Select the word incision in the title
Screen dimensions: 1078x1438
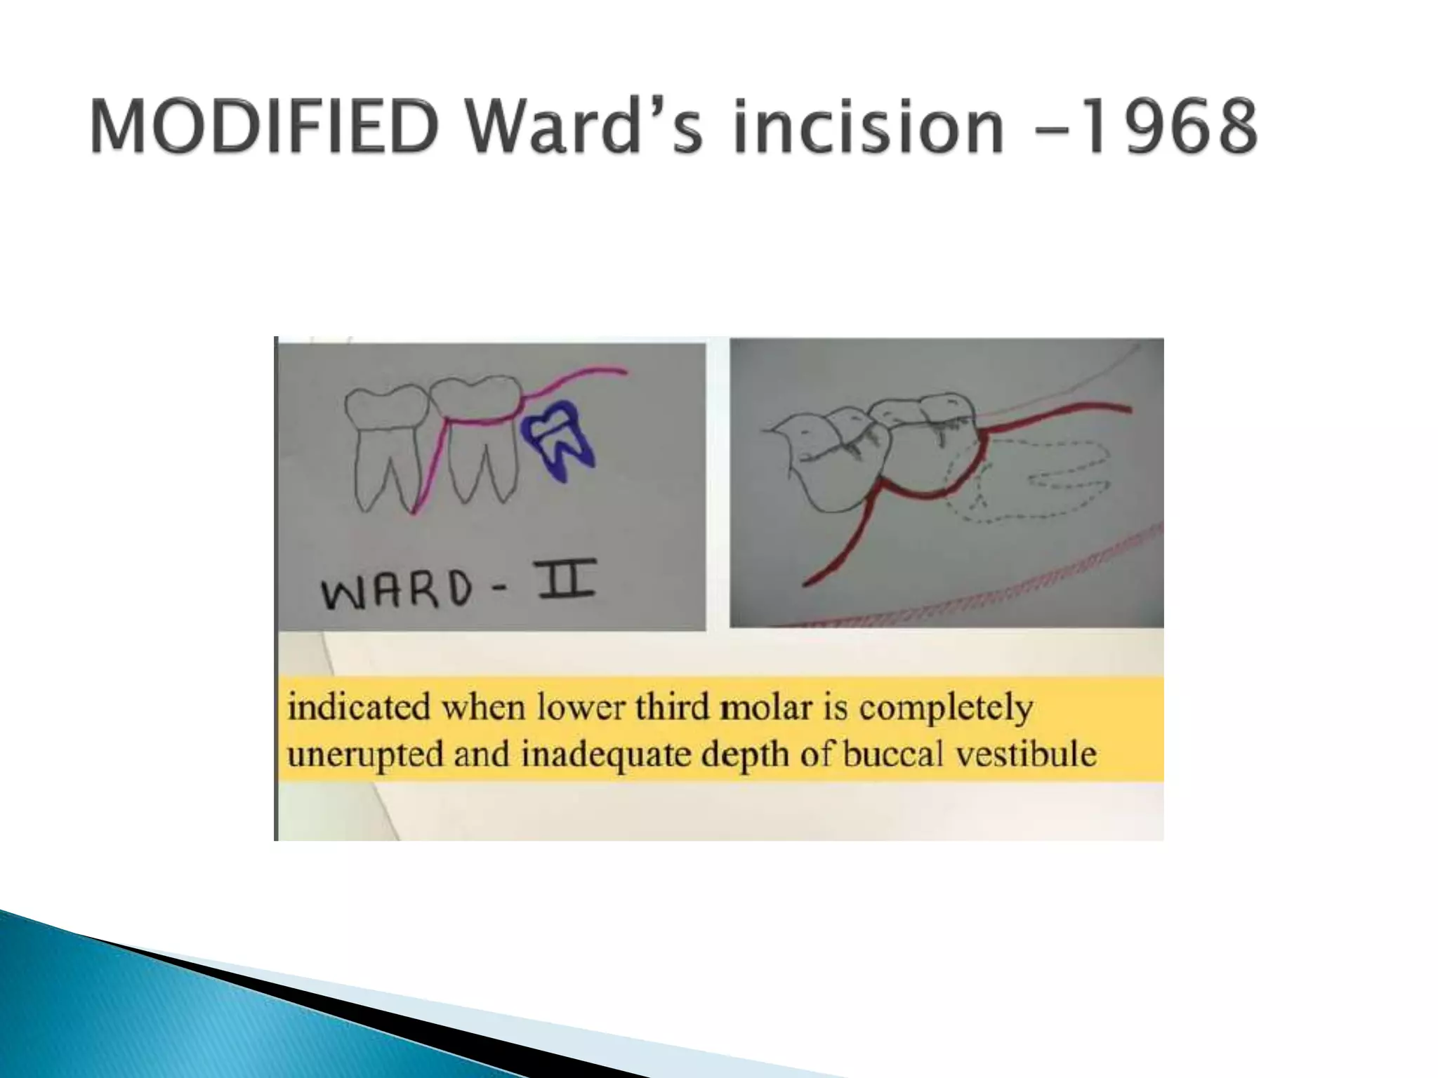click(x=868, y=127)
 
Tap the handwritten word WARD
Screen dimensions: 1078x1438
click(x=397, y=589)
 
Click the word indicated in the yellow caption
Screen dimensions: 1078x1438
click(x=357, y=707)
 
